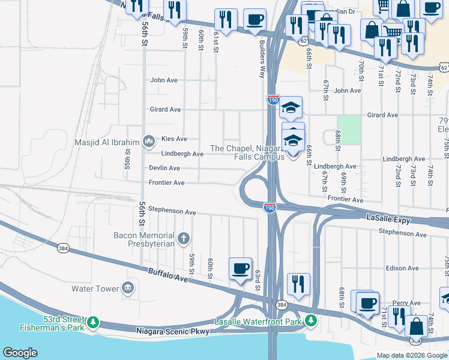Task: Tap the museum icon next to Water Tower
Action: [127, 289]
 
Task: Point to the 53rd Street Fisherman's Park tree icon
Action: [92, 323]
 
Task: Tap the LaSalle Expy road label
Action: [388, 220]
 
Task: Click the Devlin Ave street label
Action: [164, 168]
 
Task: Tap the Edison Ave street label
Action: [402, 268]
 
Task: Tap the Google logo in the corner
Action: [20, 353]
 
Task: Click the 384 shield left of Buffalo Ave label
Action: [62, 248]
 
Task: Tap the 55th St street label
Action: [127, 159]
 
